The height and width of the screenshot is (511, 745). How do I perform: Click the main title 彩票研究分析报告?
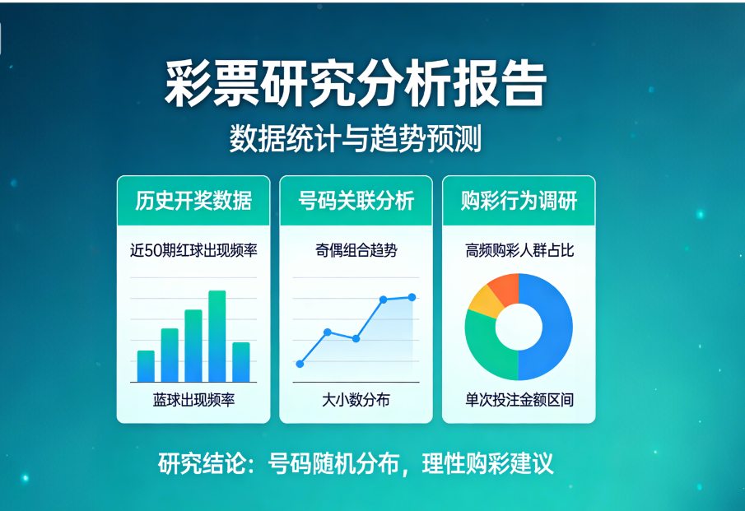(x=355, y=83)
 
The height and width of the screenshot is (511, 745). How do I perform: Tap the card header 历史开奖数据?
(x=193, y=201)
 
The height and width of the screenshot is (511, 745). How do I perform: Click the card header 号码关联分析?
(x=356, y=201)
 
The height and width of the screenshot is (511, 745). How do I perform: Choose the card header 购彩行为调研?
(x=519, y=201)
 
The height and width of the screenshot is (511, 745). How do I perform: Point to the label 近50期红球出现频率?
(x=193, y=250)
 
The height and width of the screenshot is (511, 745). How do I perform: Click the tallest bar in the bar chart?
(x=217, y=336)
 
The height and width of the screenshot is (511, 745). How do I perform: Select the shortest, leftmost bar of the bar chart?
(x=146, y=366)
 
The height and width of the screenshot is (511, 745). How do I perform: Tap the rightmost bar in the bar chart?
(x=241, y=362)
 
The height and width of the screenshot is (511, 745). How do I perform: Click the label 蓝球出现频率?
(x=193, y=401)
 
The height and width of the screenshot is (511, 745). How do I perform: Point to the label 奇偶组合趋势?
(x=356, y=250)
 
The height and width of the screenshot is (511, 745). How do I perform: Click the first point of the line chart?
(x=300, y=364)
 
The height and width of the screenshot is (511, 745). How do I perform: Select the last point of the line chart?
(x=412, y=297)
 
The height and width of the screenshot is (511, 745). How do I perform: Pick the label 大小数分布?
(x=356, y=401)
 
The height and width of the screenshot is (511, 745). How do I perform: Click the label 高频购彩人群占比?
(x=519, y=250)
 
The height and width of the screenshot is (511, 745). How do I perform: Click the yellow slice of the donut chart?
(x=482, y=302)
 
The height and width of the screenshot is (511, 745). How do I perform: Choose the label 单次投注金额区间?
(x=519, y=401)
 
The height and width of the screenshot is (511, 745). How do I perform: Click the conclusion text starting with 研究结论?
(x=355, y=463)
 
